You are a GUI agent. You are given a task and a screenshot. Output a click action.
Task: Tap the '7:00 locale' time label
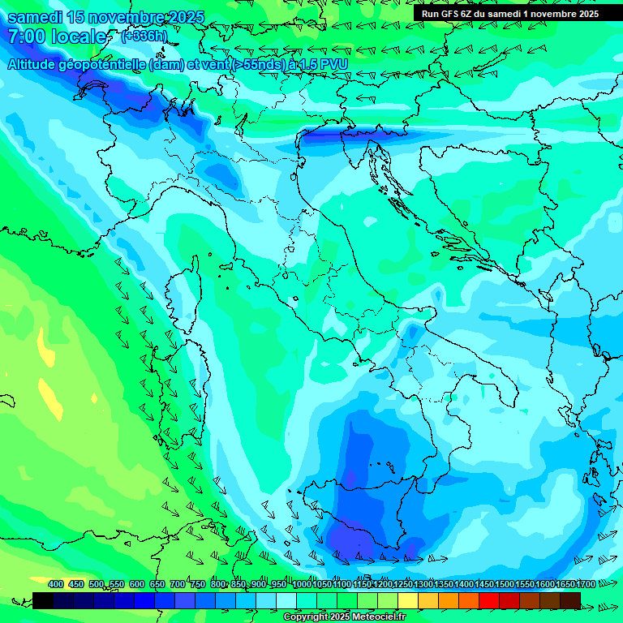tap(57, 37)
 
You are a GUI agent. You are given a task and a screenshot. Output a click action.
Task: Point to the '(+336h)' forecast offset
tap(145, 36)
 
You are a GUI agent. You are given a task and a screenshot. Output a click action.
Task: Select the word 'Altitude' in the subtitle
tap(36, 64)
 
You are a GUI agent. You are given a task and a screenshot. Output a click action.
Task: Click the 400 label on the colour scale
tap(56, 584)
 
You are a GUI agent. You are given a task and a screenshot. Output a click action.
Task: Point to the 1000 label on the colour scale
tap(302, 584)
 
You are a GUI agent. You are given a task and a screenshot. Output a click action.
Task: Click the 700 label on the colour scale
tap(177, 584)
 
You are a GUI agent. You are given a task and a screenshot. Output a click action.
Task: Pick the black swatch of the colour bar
tap(43, 600)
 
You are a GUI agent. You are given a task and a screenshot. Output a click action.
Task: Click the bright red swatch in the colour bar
tap(489, 600)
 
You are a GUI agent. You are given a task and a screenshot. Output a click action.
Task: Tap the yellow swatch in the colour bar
tap(408, 600)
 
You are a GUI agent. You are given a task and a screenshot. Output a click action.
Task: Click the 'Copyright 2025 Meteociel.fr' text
tap(344, 617)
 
